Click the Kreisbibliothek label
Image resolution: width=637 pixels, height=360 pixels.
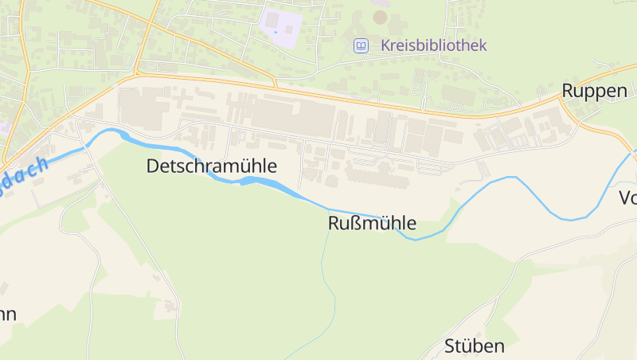(x=433, y=45)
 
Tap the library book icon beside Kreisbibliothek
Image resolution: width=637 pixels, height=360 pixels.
(x=361, y=45)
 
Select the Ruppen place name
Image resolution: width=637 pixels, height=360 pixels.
(x=594, y=91)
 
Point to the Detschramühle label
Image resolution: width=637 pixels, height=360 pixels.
(x=212, y=166)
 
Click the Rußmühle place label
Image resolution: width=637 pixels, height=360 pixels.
(x=372, y=224)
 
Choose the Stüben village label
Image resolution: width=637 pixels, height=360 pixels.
(x=475, y=346)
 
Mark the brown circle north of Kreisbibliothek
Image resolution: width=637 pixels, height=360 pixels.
(x=381, y=16)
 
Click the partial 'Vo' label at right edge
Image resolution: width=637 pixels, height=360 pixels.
(x=627, y=198)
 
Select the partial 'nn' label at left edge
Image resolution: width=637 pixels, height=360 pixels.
(x=8, y=314)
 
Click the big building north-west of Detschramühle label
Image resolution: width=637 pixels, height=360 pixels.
(x=143, y=108)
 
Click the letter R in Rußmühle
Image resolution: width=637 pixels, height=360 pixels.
(x=334, y=224)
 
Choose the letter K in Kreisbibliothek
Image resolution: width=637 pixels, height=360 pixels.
(x=385, y=45)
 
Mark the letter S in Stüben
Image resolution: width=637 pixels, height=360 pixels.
(x=449, y=346)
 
